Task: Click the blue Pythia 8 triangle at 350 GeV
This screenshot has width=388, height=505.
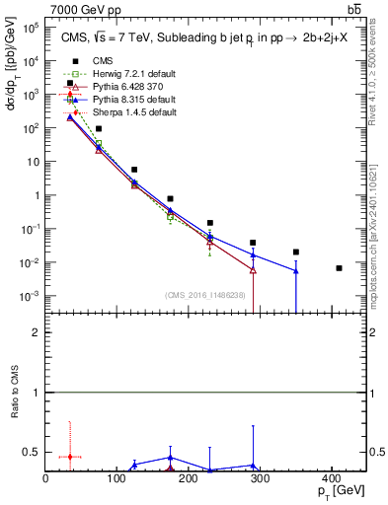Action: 296,270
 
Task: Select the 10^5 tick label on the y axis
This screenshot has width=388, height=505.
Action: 29,28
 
